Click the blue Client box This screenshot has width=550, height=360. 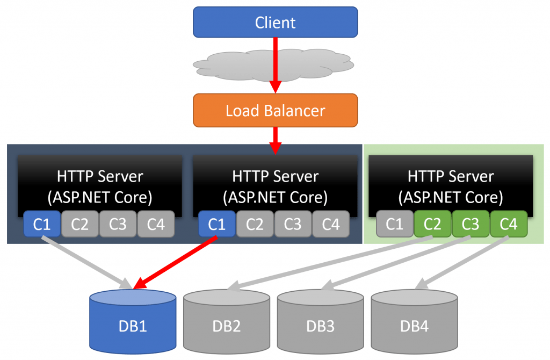coord(275,22)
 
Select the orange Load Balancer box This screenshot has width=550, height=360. coord(275,111)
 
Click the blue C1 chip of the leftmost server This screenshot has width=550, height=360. coord(42,224)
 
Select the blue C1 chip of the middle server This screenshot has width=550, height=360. coord(217,224)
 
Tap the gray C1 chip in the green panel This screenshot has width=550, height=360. coord(395,224)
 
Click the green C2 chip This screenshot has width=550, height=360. coord(433,224)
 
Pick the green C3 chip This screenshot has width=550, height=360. coord(471,224)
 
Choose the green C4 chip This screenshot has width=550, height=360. coord(509,224)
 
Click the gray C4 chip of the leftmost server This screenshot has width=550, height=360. coord(156,224)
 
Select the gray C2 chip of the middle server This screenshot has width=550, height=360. coord(255,224)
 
